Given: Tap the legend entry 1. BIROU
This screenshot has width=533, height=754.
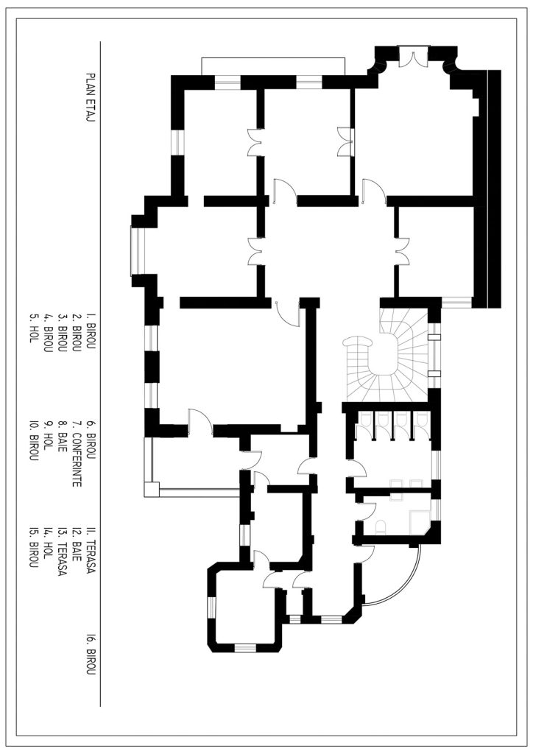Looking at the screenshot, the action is click(90, 334).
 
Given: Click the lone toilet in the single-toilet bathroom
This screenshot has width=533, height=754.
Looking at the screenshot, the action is click(381, 527).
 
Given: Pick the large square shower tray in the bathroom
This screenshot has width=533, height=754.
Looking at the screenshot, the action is click(419, 523).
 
